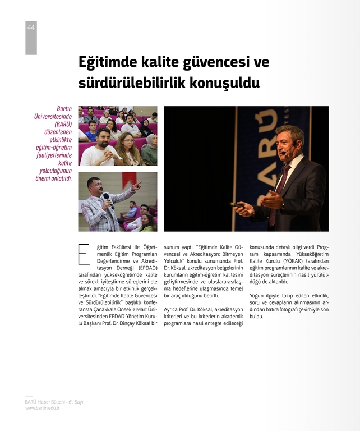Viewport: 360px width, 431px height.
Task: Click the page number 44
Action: [31, 27]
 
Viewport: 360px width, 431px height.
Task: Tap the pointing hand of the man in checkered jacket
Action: [137, 184]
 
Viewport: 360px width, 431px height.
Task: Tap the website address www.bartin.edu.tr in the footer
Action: [42, 408]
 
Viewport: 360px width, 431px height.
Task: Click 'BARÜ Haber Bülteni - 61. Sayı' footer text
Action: [54, 402]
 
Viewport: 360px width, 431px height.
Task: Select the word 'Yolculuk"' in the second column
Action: [176, 260]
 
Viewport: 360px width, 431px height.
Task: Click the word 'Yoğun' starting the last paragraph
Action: [257, 295]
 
